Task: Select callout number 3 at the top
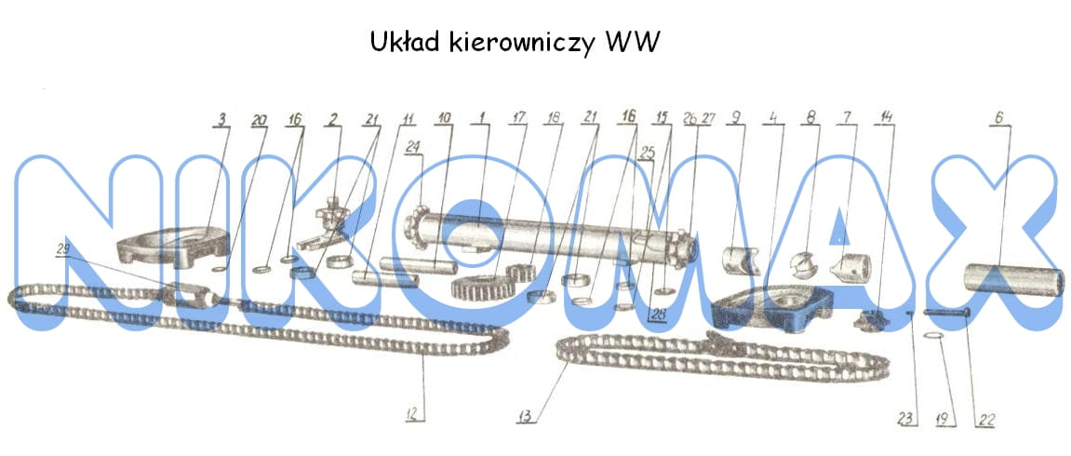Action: point(221,119)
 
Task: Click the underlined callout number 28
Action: point(658,314)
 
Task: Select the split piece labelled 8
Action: point(801,266)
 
